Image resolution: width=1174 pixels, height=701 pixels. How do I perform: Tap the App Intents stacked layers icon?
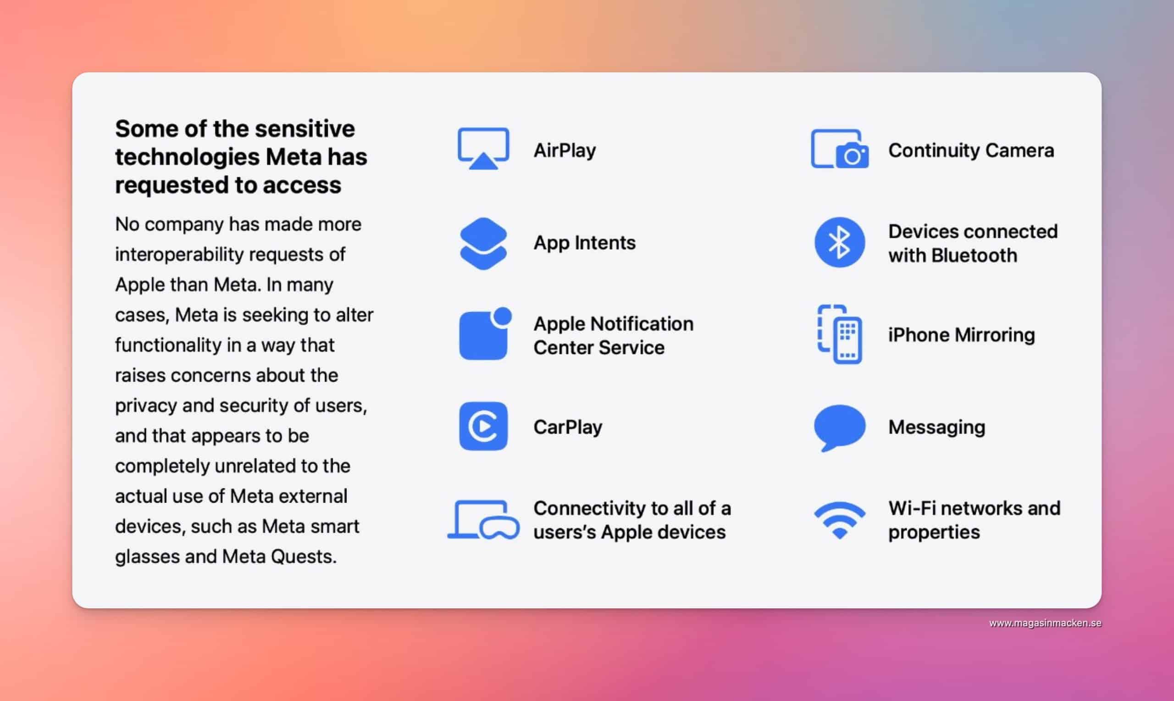483,243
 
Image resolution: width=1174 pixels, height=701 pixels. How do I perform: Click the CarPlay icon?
483,426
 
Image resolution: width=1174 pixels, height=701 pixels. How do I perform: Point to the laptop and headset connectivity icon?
483,520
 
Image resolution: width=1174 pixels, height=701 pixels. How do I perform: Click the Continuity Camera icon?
840,149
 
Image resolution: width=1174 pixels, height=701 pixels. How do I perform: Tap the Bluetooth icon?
840,242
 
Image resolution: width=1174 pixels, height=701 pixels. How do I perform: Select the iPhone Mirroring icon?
840,334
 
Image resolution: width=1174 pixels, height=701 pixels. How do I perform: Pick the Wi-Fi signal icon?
840,520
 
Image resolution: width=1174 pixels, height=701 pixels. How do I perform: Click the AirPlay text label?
565,150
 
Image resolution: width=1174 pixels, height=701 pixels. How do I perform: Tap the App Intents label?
584,243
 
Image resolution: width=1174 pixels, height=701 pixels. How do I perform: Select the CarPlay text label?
568,427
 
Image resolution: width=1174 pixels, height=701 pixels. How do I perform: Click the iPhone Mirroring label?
962,335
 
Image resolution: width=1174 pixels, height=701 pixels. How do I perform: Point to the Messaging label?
936,428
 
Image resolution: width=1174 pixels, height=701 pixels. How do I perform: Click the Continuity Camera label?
971,150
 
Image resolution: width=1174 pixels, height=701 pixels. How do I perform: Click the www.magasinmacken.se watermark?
1045,623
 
